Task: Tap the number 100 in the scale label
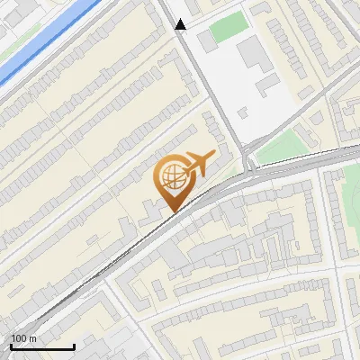pyautogui.click(x=19, y=338)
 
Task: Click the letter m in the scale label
pyautogui.click(x=32, y=338)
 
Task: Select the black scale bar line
pyautogui.click(x=42, y=346)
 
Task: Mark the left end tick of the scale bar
pyautogui.click(x=11, y=345)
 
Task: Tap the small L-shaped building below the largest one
pyautogui.click(x=267, y=85)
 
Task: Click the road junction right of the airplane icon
pyautogui.click(x=249, y=166)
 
